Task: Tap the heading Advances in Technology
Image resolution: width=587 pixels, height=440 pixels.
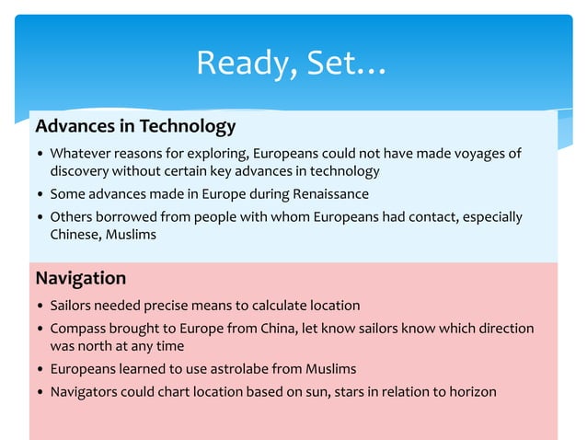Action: click(x=135, y=126)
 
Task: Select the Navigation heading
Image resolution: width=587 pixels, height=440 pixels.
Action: click(x=81, y=278)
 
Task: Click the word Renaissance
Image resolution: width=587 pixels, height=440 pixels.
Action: click(x=330, y=194)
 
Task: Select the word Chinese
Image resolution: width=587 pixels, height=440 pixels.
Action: click(x=74, y=235)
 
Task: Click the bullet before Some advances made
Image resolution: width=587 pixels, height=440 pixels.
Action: click(x=40, y=195)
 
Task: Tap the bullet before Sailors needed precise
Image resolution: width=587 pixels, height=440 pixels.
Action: click(x=40, y=306)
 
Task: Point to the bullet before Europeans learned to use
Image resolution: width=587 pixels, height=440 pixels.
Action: click(x=40, y=370)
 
